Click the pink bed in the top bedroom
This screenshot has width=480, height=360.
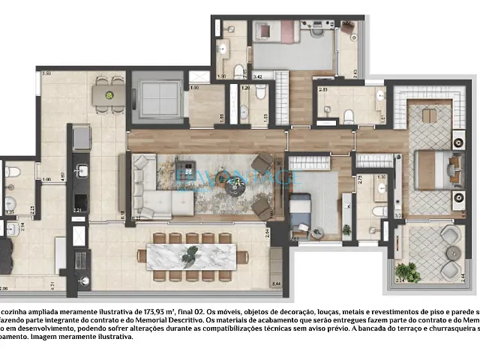pyautogui.click(x=267, y=31)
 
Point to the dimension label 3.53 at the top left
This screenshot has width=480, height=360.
pyautogui.click(x=46, y=73)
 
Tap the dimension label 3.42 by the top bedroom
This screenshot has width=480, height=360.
pyautogui.click(x=257, y=76)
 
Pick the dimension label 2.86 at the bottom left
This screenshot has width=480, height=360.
pyautogui.click(x=4, y=288)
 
